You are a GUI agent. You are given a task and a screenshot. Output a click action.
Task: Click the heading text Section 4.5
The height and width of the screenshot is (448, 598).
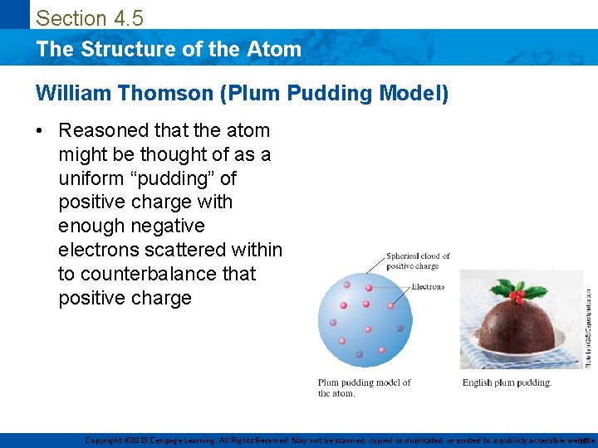tap(90, 17)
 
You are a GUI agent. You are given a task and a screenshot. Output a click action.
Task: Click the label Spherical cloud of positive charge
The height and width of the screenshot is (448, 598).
tap(418, 261)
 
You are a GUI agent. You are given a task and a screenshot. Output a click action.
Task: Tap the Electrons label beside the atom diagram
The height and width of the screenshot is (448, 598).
tap(428, 287)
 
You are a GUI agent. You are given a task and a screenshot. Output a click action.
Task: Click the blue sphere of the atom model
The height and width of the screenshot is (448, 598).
tap(360, 319)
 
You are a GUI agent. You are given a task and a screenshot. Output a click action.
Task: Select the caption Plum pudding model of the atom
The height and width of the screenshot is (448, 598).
tap(364, 387)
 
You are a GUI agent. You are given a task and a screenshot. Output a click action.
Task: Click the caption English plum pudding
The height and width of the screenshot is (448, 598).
tap(507, 382)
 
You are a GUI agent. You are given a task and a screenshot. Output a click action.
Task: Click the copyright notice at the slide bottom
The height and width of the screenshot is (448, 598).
tap(332, 441)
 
